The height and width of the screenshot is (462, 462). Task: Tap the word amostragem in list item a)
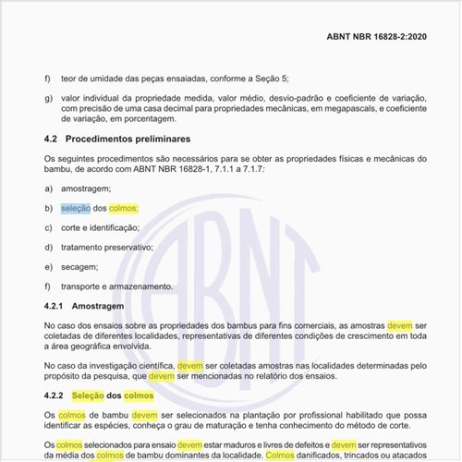86,188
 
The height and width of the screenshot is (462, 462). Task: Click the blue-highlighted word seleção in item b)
76,208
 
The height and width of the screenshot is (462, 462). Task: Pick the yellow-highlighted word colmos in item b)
123,208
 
